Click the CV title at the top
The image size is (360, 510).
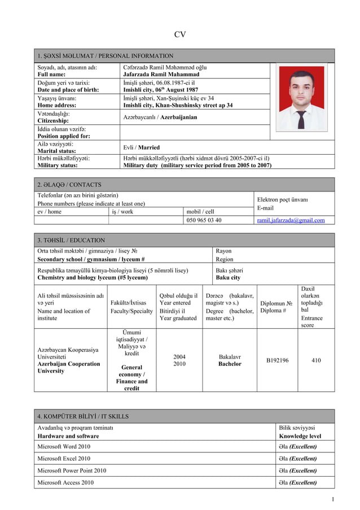pyautogui.click(x=179, y=34)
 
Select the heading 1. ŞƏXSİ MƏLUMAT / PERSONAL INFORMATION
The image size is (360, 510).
pyautogui.click(x=105, y=56)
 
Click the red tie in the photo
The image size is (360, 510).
pyautogui.click(x=302, y=119)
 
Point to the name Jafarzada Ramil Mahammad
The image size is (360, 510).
pyautogui.click(x=161, y=74)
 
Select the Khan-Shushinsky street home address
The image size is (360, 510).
pyautogui.click(x=178, y=105)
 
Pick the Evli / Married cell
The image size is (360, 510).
pyautogui.click(x=141, y=147)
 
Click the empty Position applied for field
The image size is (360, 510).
pyautogui.click(x=195, y=133)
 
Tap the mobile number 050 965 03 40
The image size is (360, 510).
pyautogui.click(x=204, y=220)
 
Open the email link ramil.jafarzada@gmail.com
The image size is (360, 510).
pyautogui.click(x=291, y=220)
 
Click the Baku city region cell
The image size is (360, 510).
pyautogui.click(x=228, y=278)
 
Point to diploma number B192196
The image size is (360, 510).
pyautogui.click(x=277, y=360)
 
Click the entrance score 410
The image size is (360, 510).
pyautogui.click(x=316, y=360)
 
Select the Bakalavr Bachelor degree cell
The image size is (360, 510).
pyautogui.click(x=230, y=360)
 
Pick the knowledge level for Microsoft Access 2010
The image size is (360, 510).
pyautogui.click(x=298, y=483)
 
